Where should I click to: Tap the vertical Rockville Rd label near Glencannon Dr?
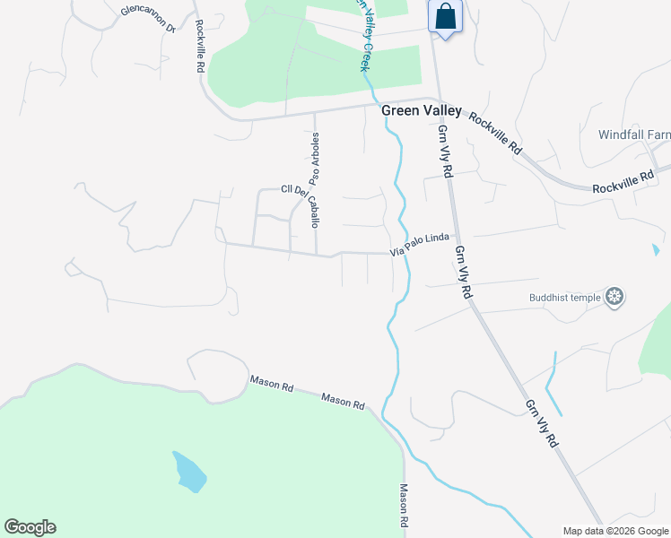pyautogui.click(x=199, y=47)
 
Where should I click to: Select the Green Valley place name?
pyautogui.click(x=422, y=111)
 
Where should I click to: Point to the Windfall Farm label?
pyautogui.click(x=634, y=134)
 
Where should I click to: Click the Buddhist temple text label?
pyautogui.click(x=565, y=297)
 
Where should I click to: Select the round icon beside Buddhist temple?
pyautogui.click(x=614, y=297)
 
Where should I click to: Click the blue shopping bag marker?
pyautogui.click(x=445, y=17)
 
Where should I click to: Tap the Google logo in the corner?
pyautogui.click(x=30, y=527)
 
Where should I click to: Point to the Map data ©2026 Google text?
pyautogui.click(x=615, y=531)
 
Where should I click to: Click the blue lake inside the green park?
pyautogui.click(x=189, y=472)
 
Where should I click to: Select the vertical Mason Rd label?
pyautogui.click(x=404, y=506)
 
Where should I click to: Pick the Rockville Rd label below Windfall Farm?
pyautogui.click(x=623, y=183)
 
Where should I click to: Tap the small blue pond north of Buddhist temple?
pyautogui.click(x=657, y=250)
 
